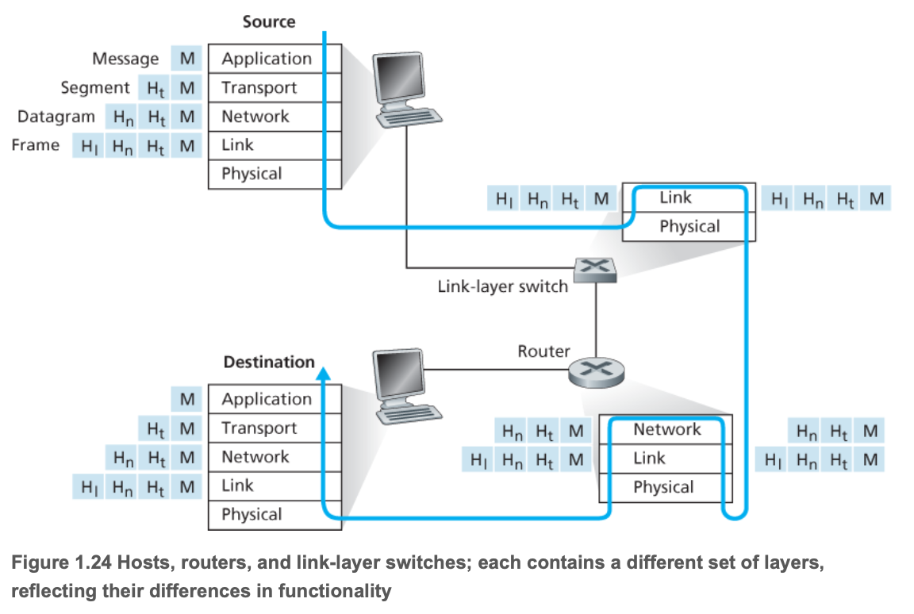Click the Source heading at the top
[x=268, y=21]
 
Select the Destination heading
[x=269, y=362]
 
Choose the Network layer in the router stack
[x=666, y=429]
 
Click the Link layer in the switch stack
[x=675, y=198]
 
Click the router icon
[x=596, y=370]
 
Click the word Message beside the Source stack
[x=125, y=59]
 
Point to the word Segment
[x=95, y=87]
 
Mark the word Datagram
[x=56, y=117]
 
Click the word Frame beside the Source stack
[x=36, y=145]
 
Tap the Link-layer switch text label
[x=503, y=286]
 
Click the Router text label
[x=543, y=351]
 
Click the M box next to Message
[x=186, y=59]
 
